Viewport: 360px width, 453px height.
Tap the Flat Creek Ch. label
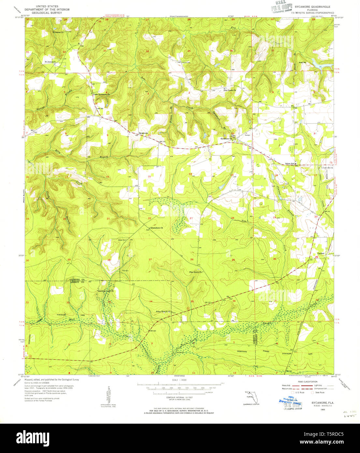[230, 90]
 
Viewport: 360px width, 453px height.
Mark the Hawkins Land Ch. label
[106, 291]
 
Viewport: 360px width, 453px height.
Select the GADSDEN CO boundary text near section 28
[77, 280]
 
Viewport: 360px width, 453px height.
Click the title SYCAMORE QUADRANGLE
[312, 7]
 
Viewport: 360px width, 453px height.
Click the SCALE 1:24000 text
[175, 380]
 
